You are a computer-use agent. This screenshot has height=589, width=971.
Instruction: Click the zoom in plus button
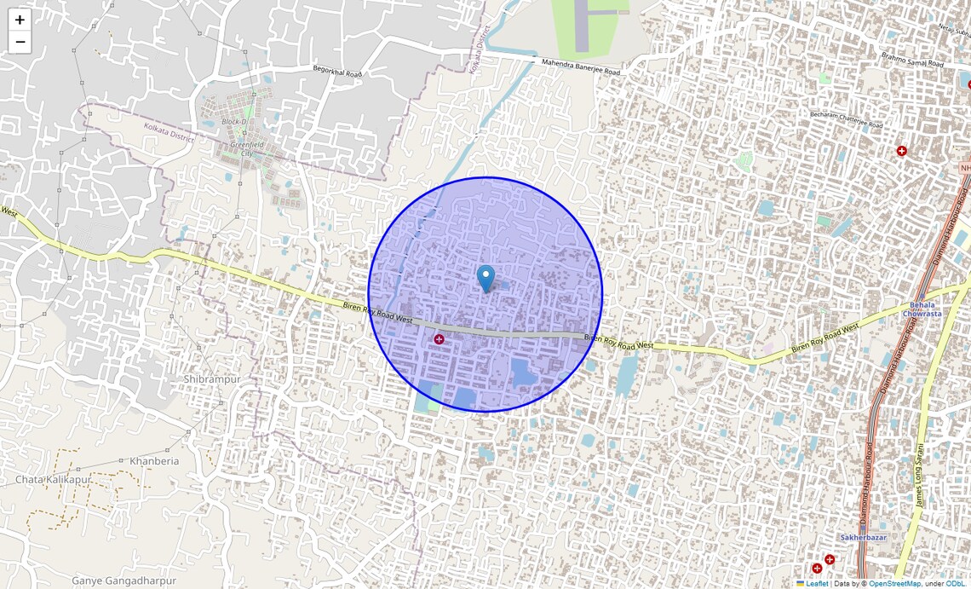point(20,20)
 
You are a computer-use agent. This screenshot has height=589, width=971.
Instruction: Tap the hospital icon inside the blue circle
point(440,339)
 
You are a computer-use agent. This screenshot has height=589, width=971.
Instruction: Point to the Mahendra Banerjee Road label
point(581,66)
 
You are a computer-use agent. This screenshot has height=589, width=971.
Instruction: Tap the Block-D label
point(233,122)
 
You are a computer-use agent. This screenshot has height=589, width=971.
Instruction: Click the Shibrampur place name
point(212,378)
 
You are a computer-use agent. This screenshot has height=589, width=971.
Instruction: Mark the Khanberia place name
point(154,461)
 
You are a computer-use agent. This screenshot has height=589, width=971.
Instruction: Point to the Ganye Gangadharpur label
point(124,580)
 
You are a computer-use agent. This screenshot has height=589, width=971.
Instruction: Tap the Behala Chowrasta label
point(925,309)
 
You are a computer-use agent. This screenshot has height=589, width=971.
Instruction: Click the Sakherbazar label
point(863,538)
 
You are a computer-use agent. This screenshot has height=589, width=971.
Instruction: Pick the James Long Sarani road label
point(920,476)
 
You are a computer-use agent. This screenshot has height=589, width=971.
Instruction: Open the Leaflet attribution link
point(817,584)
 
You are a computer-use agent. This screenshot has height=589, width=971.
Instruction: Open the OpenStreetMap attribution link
point(894,584)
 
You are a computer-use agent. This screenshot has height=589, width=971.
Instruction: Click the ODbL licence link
point(955,584)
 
